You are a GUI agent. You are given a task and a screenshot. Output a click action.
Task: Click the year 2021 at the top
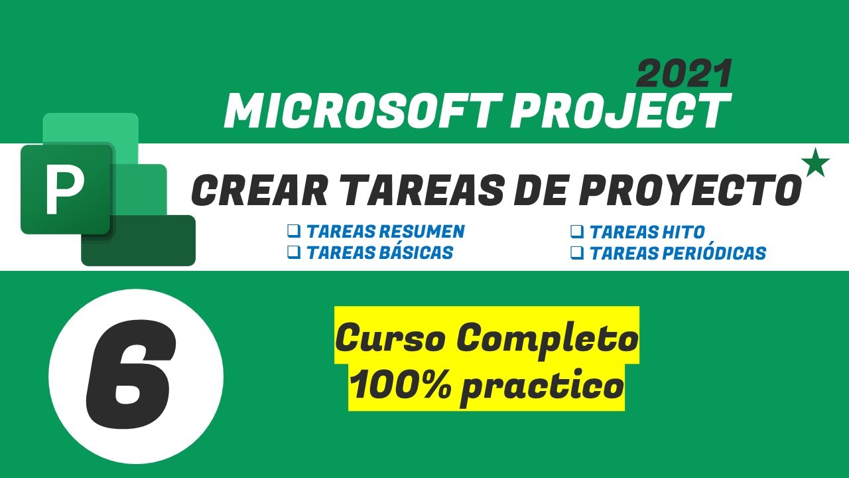pyautogui.click(x=684, y=74)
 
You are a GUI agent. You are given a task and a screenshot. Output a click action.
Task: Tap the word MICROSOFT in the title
pyautogui.click(x=361, y=111)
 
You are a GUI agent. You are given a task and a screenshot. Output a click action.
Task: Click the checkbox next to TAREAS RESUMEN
pyautogui.click(x=293, y=231)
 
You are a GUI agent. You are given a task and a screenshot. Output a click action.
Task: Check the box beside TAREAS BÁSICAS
pyautogui.click(x=293, y=252)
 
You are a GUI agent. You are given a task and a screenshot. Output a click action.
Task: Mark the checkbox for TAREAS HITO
pyautogui.click(x=576, y=231)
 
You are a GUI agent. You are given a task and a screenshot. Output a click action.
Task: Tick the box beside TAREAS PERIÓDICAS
pyautogui.click(x=576, y=252)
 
